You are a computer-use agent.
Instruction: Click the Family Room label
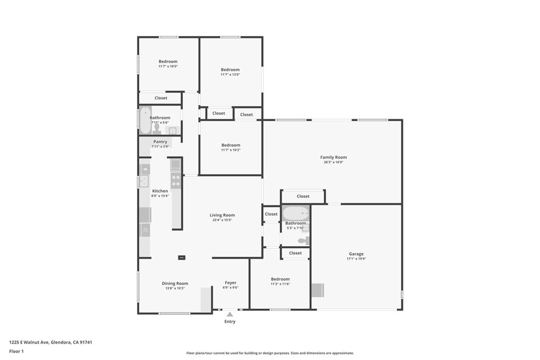click(333, 157)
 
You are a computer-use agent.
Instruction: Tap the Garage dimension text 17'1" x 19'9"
click(356, 259)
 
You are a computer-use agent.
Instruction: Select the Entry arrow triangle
click(230, 314)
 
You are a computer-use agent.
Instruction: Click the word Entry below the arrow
click(230, 322)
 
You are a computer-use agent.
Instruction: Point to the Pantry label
click(160, 142)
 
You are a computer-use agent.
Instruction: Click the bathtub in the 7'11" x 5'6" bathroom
click(146, 120)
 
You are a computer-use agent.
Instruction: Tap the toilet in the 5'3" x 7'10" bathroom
click(304, 240)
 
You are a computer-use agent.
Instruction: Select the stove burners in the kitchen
click(176, 181)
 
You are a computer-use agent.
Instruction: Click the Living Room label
click(222, 215)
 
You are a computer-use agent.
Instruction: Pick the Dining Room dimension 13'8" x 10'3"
click(175, 288)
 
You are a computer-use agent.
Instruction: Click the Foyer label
click(230, 283)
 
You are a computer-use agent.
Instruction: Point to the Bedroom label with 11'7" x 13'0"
click(230, 70)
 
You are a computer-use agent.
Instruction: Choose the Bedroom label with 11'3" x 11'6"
click(281, 279)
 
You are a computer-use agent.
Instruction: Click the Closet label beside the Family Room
click(303, 196)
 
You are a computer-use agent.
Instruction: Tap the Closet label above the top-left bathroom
click(161, 98)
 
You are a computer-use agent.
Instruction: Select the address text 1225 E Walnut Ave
click(29, 342)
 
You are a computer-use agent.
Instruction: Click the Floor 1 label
click(16, 352)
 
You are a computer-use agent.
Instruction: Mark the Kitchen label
click(160, 191)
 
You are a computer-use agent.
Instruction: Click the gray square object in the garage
click(318, 290)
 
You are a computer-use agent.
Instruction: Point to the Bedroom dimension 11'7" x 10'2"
click(231, 150)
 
